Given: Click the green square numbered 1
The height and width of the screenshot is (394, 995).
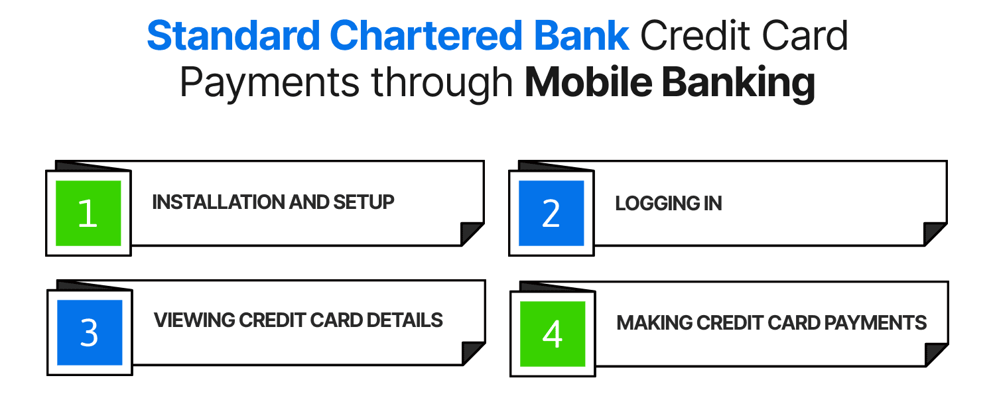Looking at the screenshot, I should (x=88, y=213).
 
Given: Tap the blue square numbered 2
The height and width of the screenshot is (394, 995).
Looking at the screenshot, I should (x=551, y=213).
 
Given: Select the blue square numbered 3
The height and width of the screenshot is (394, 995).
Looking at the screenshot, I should (x=90, y=332).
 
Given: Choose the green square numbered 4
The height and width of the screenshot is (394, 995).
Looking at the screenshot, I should (x=552, y=334).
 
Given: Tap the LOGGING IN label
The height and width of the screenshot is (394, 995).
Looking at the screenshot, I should (x=668, y=203).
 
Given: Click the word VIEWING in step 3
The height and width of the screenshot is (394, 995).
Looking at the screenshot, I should (x=194, y=320).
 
